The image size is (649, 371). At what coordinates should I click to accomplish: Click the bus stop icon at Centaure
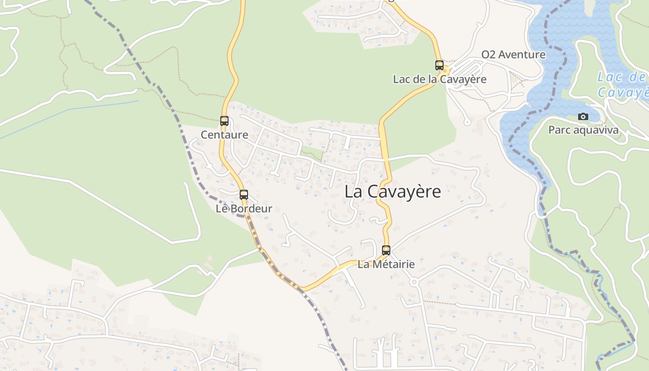(x=224, y=121)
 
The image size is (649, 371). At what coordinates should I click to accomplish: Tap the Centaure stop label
(x=224, y=135)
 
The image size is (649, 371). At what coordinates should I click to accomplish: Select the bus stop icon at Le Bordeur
(x=244, y=195)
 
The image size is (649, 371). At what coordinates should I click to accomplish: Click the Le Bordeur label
(x=244, y=209)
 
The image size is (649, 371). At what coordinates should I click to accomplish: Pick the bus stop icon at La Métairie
(x=386, y=250)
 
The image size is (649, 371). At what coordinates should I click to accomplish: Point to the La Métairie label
(x=386, y=264)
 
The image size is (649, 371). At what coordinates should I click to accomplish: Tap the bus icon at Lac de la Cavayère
(x=439, y=65)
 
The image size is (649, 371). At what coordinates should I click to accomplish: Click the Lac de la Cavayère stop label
(x=439, y=79)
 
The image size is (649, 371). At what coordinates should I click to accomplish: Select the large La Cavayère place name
(x=393, y=192)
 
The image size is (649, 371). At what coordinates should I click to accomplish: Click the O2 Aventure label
(x=513, y=55)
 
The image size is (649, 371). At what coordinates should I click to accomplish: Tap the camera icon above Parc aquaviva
(x=583, y=116)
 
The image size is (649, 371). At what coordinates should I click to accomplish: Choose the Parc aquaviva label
(x=583, y=130)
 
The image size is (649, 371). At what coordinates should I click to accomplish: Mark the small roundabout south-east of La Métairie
(x=414, y=281)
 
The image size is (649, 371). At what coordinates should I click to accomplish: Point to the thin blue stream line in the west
(x=70, y=110)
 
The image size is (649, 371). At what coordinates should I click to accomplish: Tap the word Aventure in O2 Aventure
(x=522, y=55)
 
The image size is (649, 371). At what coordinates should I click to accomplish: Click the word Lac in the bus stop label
(x=401, y=79)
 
